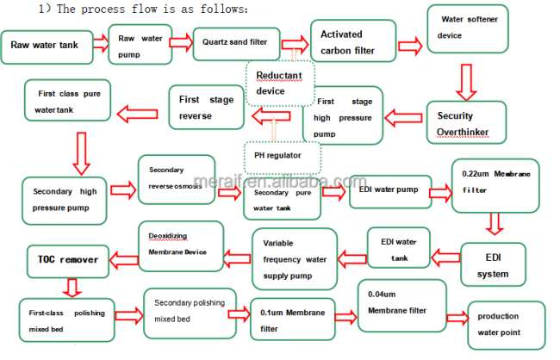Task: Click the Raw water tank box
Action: point(47,47)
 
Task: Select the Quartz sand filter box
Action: point(236,44)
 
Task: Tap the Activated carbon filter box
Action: point(353,40)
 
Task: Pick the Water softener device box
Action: point(468,28)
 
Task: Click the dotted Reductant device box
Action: point(280,84)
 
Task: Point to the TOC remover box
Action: point(68,262)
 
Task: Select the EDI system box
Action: point(493,264)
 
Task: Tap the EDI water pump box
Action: point(390,191)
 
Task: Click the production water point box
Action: point(507,325)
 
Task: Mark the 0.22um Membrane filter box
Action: point(495,186)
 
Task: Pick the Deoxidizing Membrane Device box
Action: point(181,246)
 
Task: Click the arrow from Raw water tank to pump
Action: point(101,44)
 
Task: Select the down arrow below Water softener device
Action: point(466,82)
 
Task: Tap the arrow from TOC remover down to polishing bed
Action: point(72,288)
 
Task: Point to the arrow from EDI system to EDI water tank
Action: point(445,258)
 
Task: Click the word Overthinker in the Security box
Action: point(463,132)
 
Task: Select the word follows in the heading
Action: point(224,9)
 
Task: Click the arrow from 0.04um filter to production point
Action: point(457,318)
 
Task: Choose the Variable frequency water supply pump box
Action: point(295,259)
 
